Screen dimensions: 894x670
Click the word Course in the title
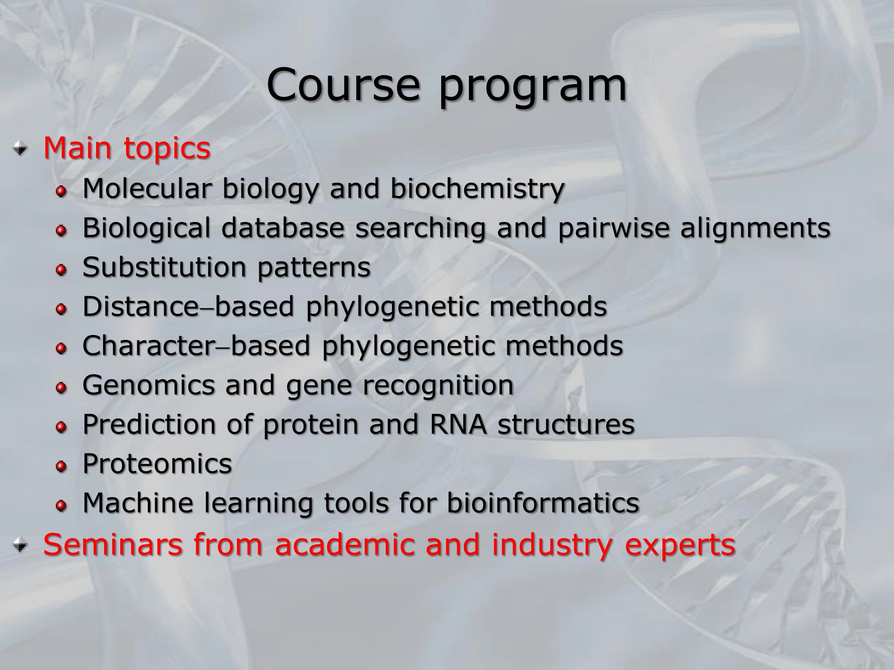[343, 85]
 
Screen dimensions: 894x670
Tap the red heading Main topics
[127, 148]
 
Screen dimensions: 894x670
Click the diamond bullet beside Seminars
[20, 544]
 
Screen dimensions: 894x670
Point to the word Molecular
[147, 188]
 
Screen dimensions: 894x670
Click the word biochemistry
[477, 189]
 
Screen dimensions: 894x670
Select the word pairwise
[614, 229]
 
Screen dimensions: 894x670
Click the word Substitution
[164, 267]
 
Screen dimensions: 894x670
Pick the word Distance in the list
[140, 306]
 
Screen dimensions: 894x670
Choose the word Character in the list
[149, 346]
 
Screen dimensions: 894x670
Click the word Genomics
[148, 385]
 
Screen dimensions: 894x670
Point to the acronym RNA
[458, 424]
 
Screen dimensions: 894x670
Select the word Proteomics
[157, 464]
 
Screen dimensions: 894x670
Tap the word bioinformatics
[543, 503]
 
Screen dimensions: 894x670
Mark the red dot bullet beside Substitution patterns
[61, 270]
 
